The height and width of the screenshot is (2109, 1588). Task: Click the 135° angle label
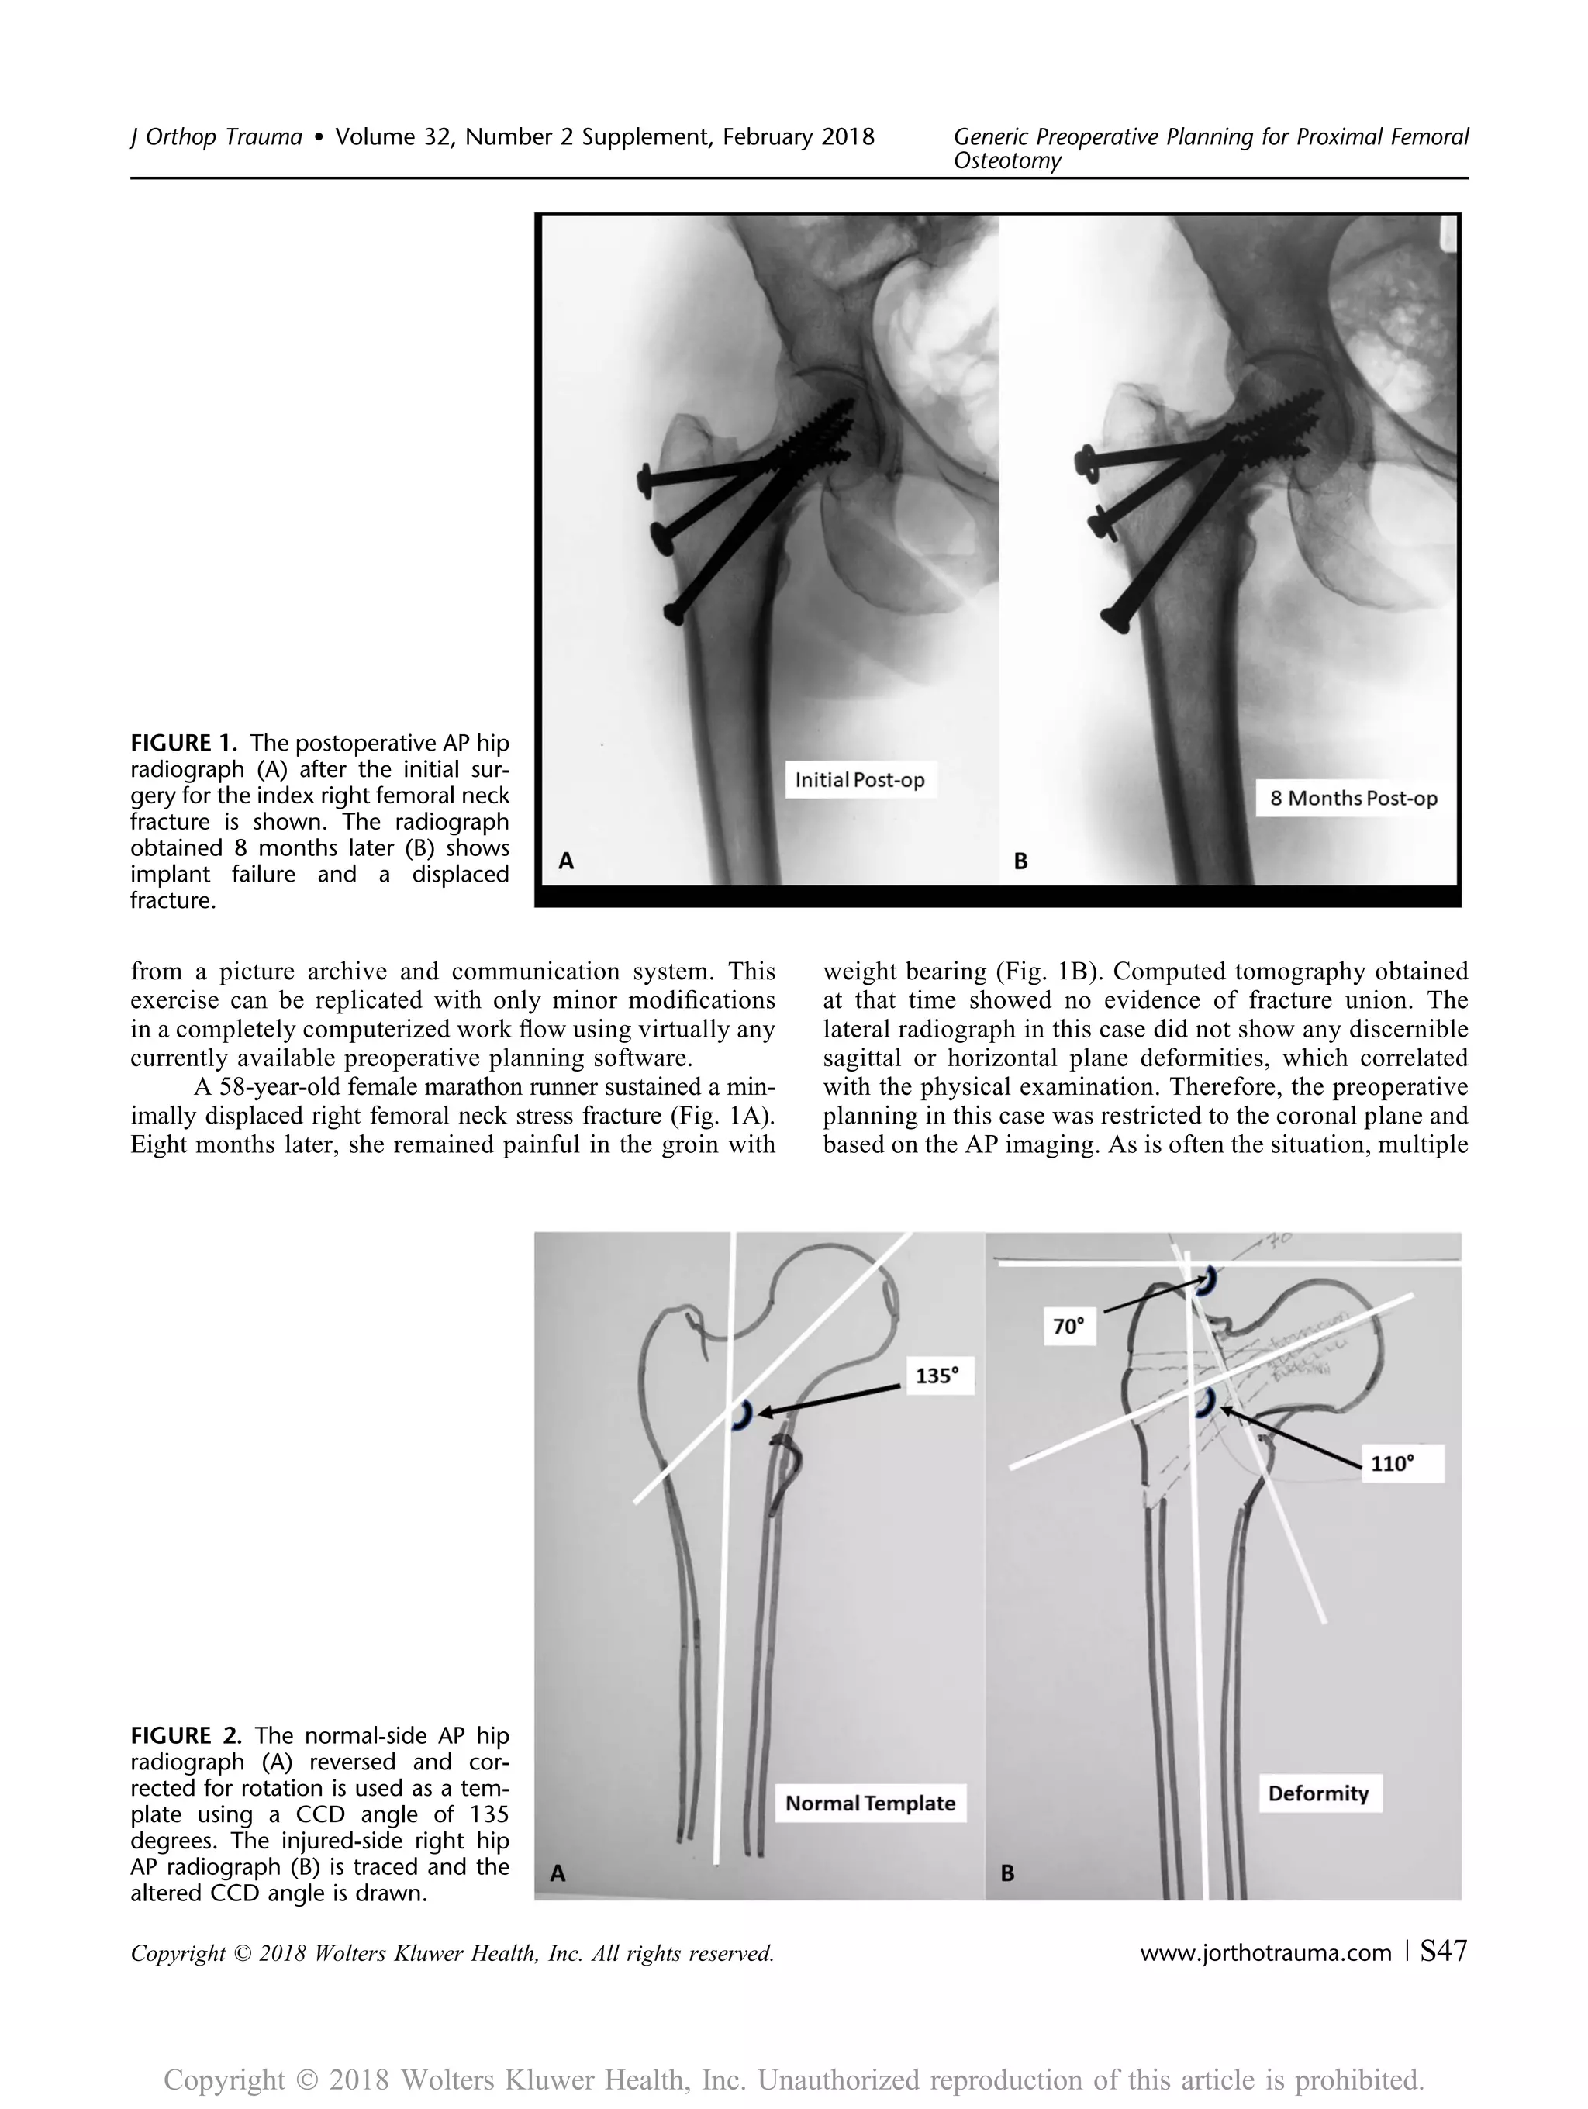pos(936,1375)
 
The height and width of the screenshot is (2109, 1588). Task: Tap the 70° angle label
pos(1068,1326)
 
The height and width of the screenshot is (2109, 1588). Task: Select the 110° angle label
pos(1391,1462)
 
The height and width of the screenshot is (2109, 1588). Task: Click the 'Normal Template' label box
pos(869,1803)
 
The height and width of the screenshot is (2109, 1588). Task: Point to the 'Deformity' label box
pos(1317,1793)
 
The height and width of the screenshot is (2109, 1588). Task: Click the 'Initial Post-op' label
pos(859,780)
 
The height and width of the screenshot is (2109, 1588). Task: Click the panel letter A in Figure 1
pos(565,861)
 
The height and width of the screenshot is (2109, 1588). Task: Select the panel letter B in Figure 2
pos(1007,1873)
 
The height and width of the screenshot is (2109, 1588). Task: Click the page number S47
pos(1443,1952)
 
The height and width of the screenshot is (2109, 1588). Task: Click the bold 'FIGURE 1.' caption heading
pos(184,744)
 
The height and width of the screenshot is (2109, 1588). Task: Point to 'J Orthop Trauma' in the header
pos(216,137)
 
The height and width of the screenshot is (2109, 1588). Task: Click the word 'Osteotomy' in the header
pos(1006,161)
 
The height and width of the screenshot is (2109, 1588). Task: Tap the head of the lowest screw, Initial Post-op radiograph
pos(673,612)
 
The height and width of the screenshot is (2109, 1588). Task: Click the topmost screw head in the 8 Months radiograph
pos(1085,462)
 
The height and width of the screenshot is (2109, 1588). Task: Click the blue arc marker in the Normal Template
pos(741,1417)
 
